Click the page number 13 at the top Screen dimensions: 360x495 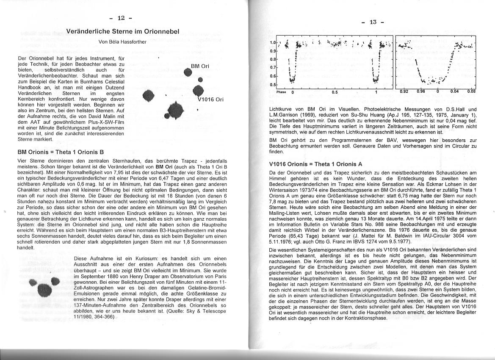(x=372, y=22)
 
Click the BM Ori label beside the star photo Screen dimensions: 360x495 (x=200, y=66)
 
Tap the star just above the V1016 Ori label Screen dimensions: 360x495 (x=197, y=90)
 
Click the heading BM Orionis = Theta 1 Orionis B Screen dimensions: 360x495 (x=61, y=152)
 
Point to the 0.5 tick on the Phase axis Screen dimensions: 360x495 (x=335, y=92)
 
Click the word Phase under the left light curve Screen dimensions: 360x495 (x=281, y=91)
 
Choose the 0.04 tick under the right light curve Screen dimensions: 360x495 (x=454, y=91)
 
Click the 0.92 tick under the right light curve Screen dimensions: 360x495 (x=405, y=91)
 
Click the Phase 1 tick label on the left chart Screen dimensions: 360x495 (x=376, y=92)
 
